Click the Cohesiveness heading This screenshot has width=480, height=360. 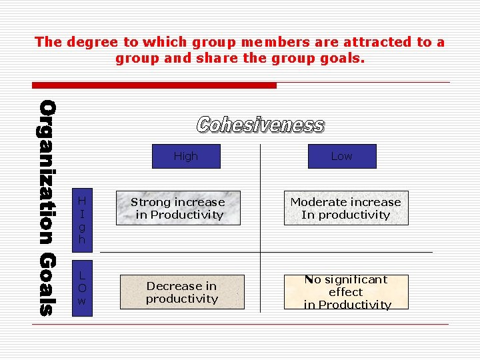coord(260,125)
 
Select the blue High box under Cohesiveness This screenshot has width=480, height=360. coord(186,156)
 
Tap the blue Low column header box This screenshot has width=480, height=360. coord(341,156)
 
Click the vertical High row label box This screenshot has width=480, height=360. coord(82,218)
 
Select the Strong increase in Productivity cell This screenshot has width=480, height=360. coord(178,208)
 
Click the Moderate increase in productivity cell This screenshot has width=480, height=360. coord(345,208)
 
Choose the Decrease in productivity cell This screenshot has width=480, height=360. coord(181,292)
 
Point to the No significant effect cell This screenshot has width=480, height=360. coord(347,292)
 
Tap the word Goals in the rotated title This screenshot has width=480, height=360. coord(47,283)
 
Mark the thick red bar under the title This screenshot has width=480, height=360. coord(155,85)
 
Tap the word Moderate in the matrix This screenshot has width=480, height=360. coord(317,202)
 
